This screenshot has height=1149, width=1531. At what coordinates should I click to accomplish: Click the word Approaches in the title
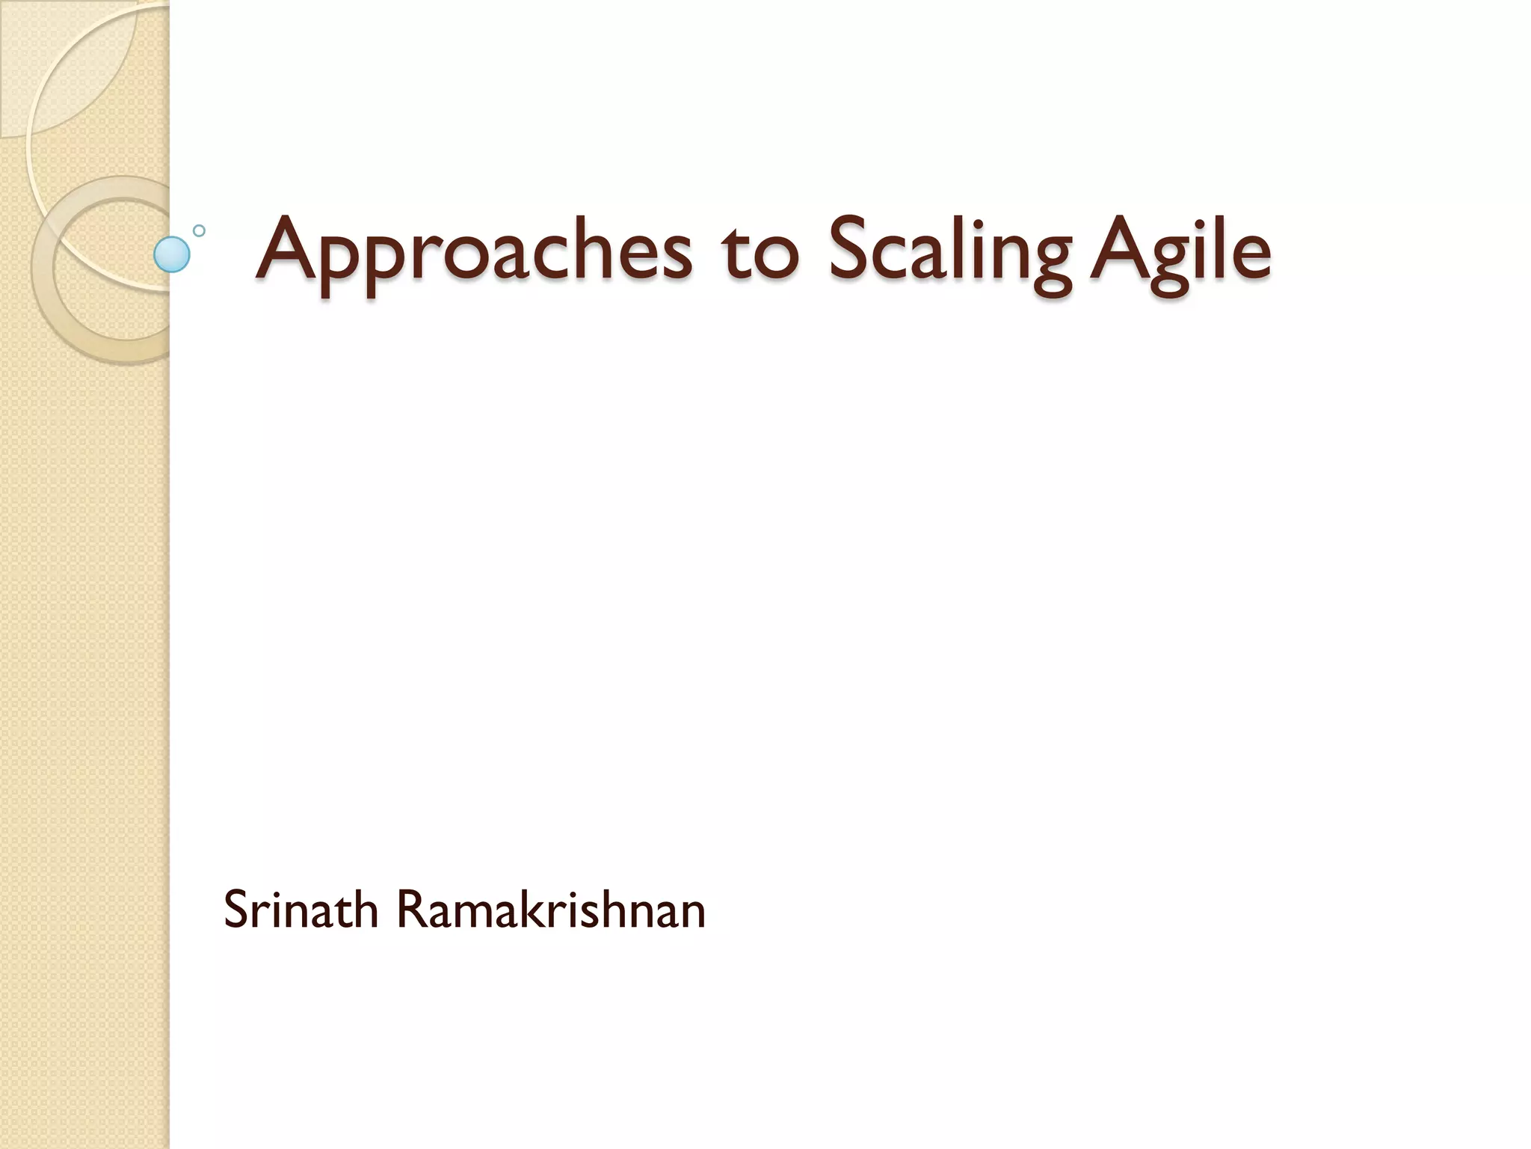(x=474, y=251)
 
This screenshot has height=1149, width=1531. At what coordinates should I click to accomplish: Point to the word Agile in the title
(x=1180, y=251)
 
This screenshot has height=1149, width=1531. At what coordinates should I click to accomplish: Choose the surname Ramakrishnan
(x=550, y=910)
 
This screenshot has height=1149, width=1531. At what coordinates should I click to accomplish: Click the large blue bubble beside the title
(x=172, y=254)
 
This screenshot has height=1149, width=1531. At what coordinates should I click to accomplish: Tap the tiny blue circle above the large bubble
(x=199, y=230)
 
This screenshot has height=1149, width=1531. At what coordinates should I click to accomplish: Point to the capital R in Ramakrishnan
(x=410, y=910)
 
